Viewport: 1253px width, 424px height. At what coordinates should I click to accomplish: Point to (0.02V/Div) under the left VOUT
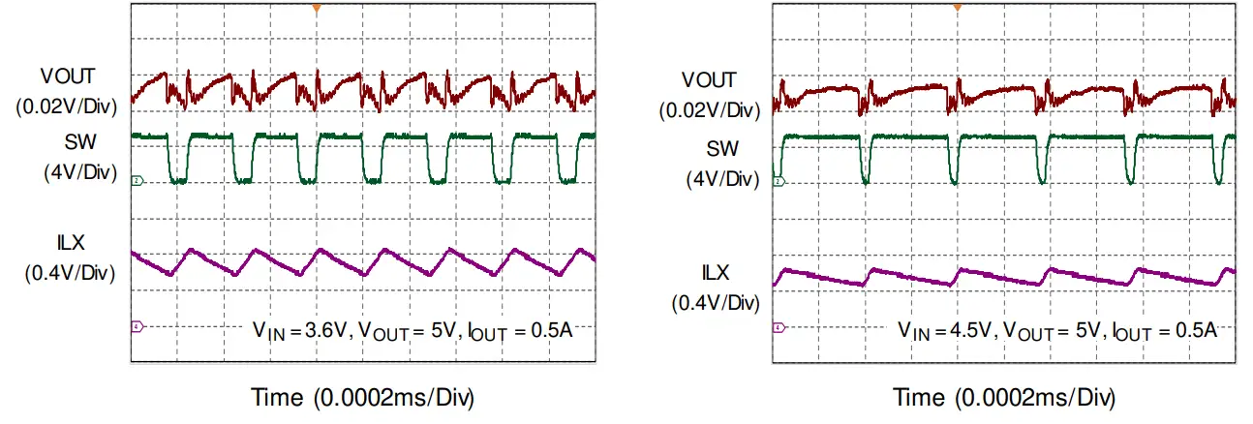pyautogui.click(x=67, y=106)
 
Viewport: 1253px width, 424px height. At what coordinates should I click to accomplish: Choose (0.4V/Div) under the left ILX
pyautogui.click(x=71, y=273)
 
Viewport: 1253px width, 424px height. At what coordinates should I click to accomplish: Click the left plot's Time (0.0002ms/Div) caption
pyautogui.click(x=363, y=398)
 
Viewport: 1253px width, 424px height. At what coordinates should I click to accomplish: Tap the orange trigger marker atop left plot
pyautogui.click(x=315, y=8)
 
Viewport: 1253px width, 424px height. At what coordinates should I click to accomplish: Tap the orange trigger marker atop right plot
pyautogui.click(x=957, y=8)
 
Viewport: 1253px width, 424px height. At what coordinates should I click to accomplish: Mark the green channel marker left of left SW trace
pyautogui.click(x=137, y=181)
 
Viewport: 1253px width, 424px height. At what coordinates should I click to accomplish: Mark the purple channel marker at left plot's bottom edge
pyautogui.click(x=137, y=326)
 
